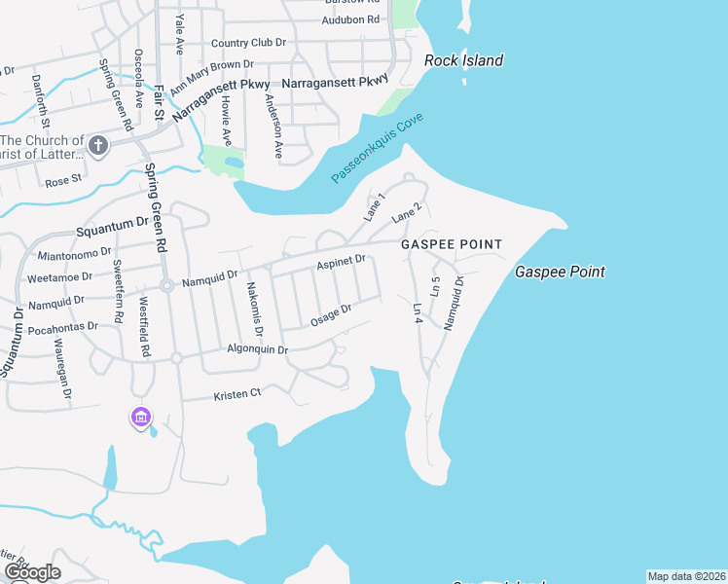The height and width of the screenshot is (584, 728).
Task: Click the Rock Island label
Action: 463,60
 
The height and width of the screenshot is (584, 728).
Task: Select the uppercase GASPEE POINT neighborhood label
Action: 452,244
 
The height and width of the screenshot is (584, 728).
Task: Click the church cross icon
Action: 97,146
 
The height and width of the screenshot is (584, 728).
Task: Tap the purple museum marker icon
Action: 141,418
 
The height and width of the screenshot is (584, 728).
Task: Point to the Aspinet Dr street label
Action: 341,262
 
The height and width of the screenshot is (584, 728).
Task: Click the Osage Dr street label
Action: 330,315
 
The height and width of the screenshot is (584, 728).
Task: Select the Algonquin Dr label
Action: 257,349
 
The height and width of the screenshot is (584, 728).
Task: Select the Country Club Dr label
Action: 248,43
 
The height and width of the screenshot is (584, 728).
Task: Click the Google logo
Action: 32,572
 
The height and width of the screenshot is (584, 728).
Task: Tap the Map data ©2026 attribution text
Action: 686,576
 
